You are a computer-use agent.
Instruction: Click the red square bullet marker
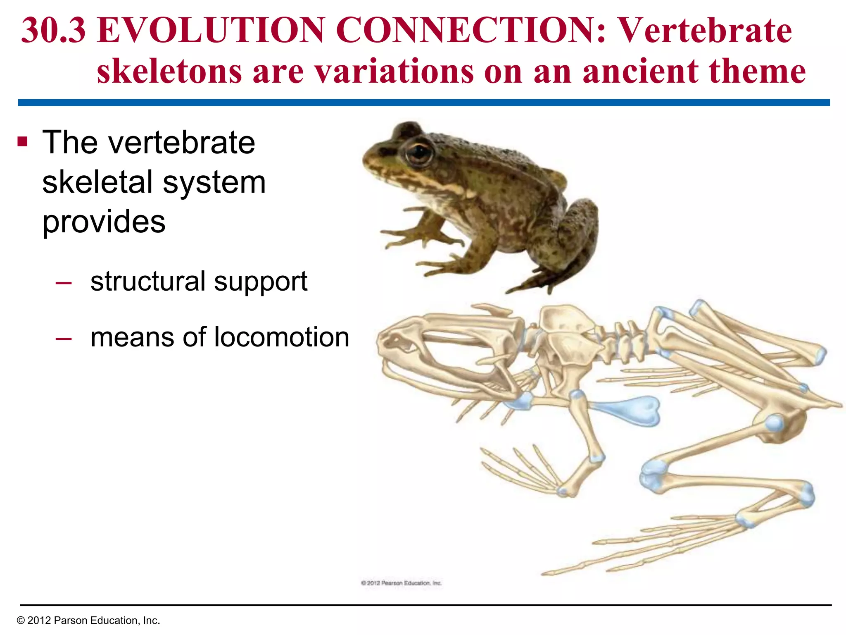point(22,142)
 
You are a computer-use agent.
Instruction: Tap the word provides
point(104,222)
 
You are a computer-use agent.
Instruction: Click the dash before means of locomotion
point(63,338)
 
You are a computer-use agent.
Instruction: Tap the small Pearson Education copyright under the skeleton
point(401,583)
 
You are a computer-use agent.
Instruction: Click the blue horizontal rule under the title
point(423,103)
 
